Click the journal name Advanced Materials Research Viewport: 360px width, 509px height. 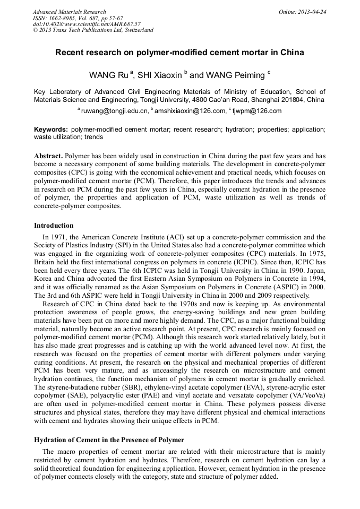pyautogui.click(x=69, y=12)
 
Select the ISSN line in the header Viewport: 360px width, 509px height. pyautogui.click(x=78, y=18)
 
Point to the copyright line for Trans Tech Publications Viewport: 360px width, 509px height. pyautogui.click(x=93, y=30)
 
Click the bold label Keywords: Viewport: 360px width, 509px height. pyautogui.click(x=51, y=130)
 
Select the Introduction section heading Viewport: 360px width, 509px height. pyautogui.click(x=54, y=226)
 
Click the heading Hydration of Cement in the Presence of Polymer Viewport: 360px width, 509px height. pyautogui.click(x=109, y=440)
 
